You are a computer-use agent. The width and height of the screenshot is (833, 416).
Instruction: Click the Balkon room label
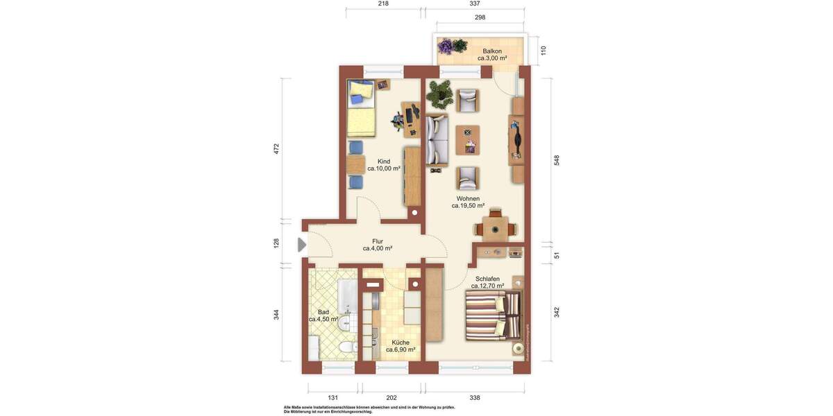point(492,51)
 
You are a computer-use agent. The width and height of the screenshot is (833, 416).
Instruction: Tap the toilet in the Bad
point(346,347)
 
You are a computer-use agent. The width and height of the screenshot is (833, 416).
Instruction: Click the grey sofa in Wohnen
point(437,139)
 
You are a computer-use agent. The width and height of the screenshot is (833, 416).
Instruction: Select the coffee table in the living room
point(468,139)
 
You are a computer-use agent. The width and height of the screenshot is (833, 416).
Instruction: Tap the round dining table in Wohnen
point(495,228)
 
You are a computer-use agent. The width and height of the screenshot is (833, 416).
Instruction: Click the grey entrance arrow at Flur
point(302,245)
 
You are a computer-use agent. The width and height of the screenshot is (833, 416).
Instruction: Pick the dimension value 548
point(557,160)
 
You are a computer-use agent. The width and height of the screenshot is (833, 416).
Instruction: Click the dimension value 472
point(276,148)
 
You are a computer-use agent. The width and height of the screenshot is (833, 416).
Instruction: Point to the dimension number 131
point(333,398)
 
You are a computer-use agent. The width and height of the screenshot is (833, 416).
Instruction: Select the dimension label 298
point(480,17)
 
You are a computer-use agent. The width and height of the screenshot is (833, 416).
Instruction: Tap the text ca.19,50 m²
point(468,206)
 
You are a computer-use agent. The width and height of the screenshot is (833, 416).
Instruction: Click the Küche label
point(401,343)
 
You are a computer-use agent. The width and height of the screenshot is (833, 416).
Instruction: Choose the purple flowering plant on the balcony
point(445,46)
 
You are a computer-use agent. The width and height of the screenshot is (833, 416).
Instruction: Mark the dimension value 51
point(557,255)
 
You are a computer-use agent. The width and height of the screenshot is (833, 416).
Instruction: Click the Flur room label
point(378,241)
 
